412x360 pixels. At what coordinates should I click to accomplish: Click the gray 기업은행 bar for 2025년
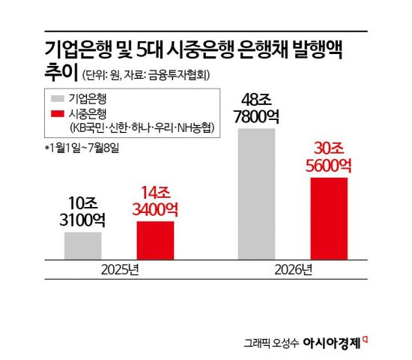(x=83, y=246)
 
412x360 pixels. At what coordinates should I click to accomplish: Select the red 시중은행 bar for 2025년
(x=156, y=241)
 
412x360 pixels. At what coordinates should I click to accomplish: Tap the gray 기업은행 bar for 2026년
(x=256, y=194)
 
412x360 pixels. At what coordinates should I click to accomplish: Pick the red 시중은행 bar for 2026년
(x=329, y=219)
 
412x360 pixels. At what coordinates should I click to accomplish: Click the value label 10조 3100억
(x=82, y=211)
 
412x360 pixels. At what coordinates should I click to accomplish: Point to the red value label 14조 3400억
(x=155, y=201)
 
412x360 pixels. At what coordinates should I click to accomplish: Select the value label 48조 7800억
(x=256, y=109)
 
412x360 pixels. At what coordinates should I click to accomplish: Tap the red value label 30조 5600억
(x=329, y=157)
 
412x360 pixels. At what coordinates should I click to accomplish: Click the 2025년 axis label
(x=120, y=270)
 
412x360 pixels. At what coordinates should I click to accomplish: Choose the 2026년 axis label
(x=293, y=270)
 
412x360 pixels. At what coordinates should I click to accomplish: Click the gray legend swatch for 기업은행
(x=58, y=99)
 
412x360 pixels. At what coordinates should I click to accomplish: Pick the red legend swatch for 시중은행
(x=58, y=114)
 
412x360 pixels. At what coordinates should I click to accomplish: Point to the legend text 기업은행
(x=88, y=99)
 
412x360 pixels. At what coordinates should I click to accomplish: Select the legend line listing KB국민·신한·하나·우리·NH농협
(x=142, y=128)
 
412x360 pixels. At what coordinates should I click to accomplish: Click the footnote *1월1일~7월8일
(x=82, y=148)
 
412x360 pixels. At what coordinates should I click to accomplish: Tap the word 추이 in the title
(x=61, y=72)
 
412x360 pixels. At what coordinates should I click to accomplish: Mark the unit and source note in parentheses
(x=146, y=75)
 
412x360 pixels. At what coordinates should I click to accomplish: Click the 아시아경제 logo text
(x=332, y=343)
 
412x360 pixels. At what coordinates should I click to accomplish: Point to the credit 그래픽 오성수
(x=271, y=343)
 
